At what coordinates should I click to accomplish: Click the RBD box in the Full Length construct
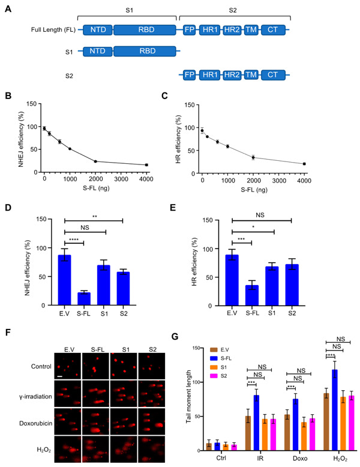click(145, 28)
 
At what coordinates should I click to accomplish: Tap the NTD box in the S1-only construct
click(97, 52)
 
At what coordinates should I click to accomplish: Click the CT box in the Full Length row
click(272, 28)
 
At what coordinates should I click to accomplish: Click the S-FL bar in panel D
click(83, 298)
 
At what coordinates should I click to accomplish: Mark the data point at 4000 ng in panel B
click(146, 165)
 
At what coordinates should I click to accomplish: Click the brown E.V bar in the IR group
click(248, 432)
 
